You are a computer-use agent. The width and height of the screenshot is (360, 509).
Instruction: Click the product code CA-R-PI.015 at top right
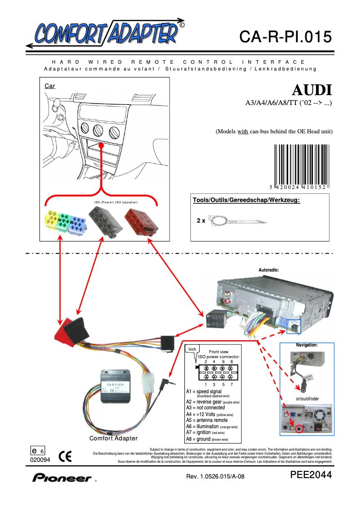tap(285, 37)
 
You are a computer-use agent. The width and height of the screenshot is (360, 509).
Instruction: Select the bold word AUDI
tap(312, 90)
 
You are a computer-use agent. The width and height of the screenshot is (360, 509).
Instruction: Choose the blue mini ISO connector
tap(77, 222)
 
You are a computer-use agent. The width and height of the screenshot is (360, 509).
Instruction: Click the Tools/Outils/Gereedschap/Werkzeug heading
tap(246, 200)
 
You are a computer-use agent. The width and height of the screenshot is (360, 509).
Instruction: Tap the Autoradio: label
tap(269, 270)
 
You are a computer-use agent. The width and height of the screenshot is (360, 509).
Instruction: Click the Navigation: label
tap(307, 345)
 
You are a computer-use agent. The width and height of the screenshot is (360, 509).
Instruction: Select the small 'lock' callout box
tap(193, 349)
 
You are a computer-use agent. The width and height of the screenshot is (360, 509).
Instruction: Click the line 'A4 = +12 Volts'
tap(210, 414)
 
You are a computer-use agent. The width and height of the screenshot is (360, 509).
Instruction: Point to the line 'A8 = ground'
tap(207, 439)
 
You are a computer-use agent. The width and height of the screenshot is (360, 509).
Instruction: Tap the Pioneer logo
tap(61, 478)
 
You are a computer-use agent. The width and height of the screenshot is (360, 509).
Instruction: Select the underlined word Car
tap(50, 86)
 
